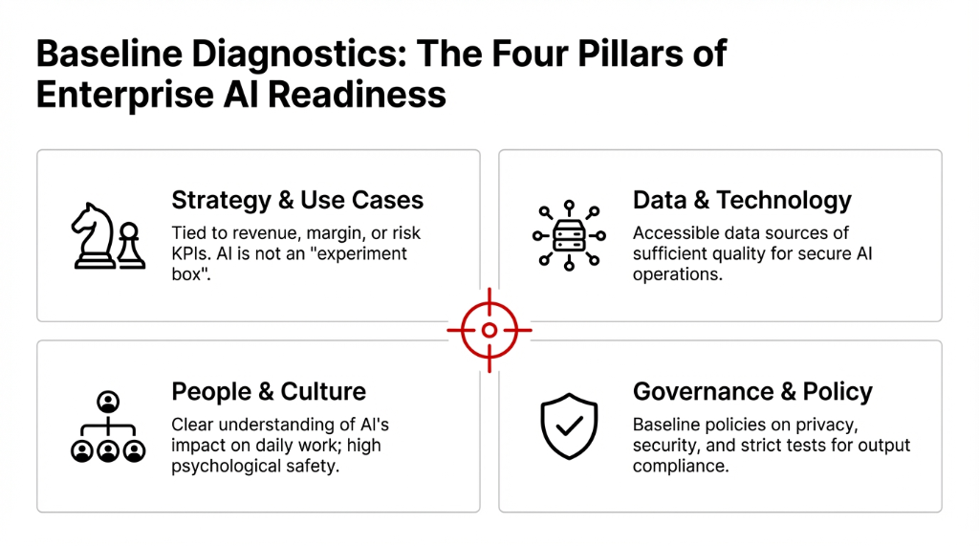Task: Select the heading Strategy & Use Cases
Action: [x=297, y=200]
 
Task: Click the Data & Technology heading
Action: [x=742, y=200]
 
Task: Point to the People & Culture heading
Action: [x=269, y=391]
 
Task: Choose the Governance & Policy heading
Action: [x=752, y=391]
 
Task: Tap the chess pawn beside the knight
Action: [x=131, y=246]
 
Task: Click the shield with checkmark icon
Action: [x=569, y=426]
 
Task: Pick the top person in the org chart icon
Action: [x=108, y=401]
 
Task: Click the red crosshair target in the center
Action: [x=489, y=331]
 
